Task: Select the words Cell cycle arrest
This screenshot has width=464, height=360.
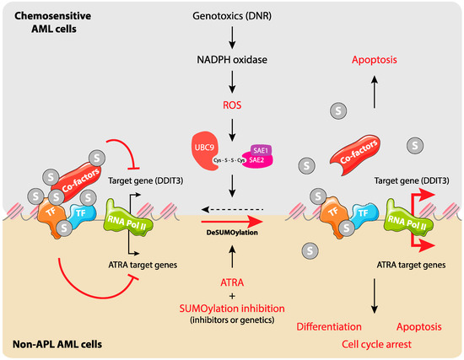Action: [371, 345]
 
